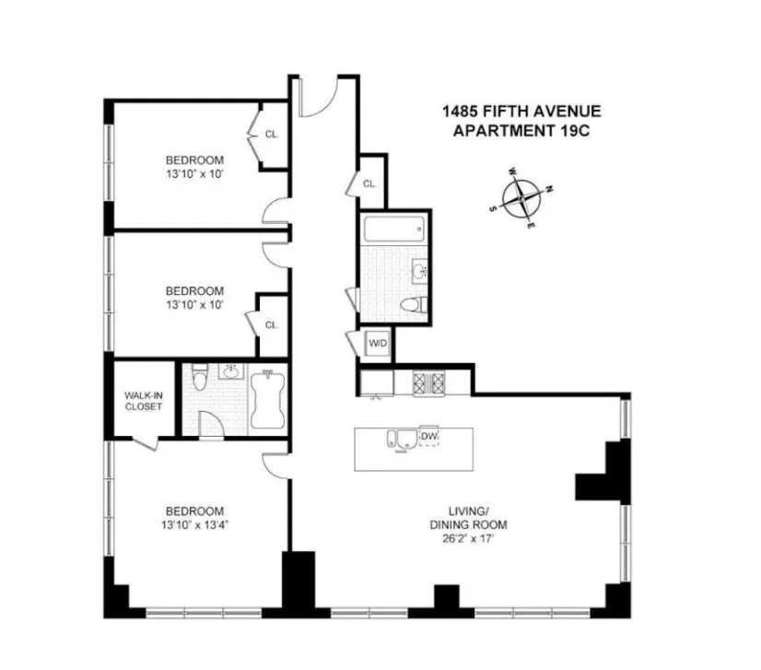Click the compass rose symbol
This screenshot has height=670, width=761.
click(521, 198)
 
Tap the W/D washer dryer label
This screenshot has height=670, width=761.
click(378, 344)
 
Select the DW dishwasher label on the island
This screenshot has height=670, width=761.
click(428, 436)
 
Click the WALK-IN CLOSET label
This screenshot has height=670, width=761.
click(143, 401)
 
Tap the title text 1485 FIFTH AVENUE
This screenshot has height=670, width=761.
click(521, 112)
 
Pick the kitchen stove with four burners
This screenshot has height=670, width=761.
click(427, 382)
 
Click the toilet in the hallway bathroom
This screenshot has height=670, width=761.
click(411, 307)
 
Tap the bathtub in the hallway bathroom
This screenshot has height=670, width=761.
click(393, 227)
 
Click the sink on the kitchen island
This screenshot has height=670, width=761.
click(397, 438)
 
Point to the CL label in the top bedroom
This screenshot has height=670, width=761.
click(271, 135)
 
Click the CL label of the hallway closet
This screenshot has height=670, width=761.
click(369, 183)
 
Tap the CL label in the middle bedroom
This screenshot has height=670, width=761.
click(271, 324)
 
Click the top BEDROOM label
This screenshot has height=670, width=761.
click(193, 159)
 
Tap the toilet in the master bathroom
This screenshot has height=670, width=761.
click(201, 375)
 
